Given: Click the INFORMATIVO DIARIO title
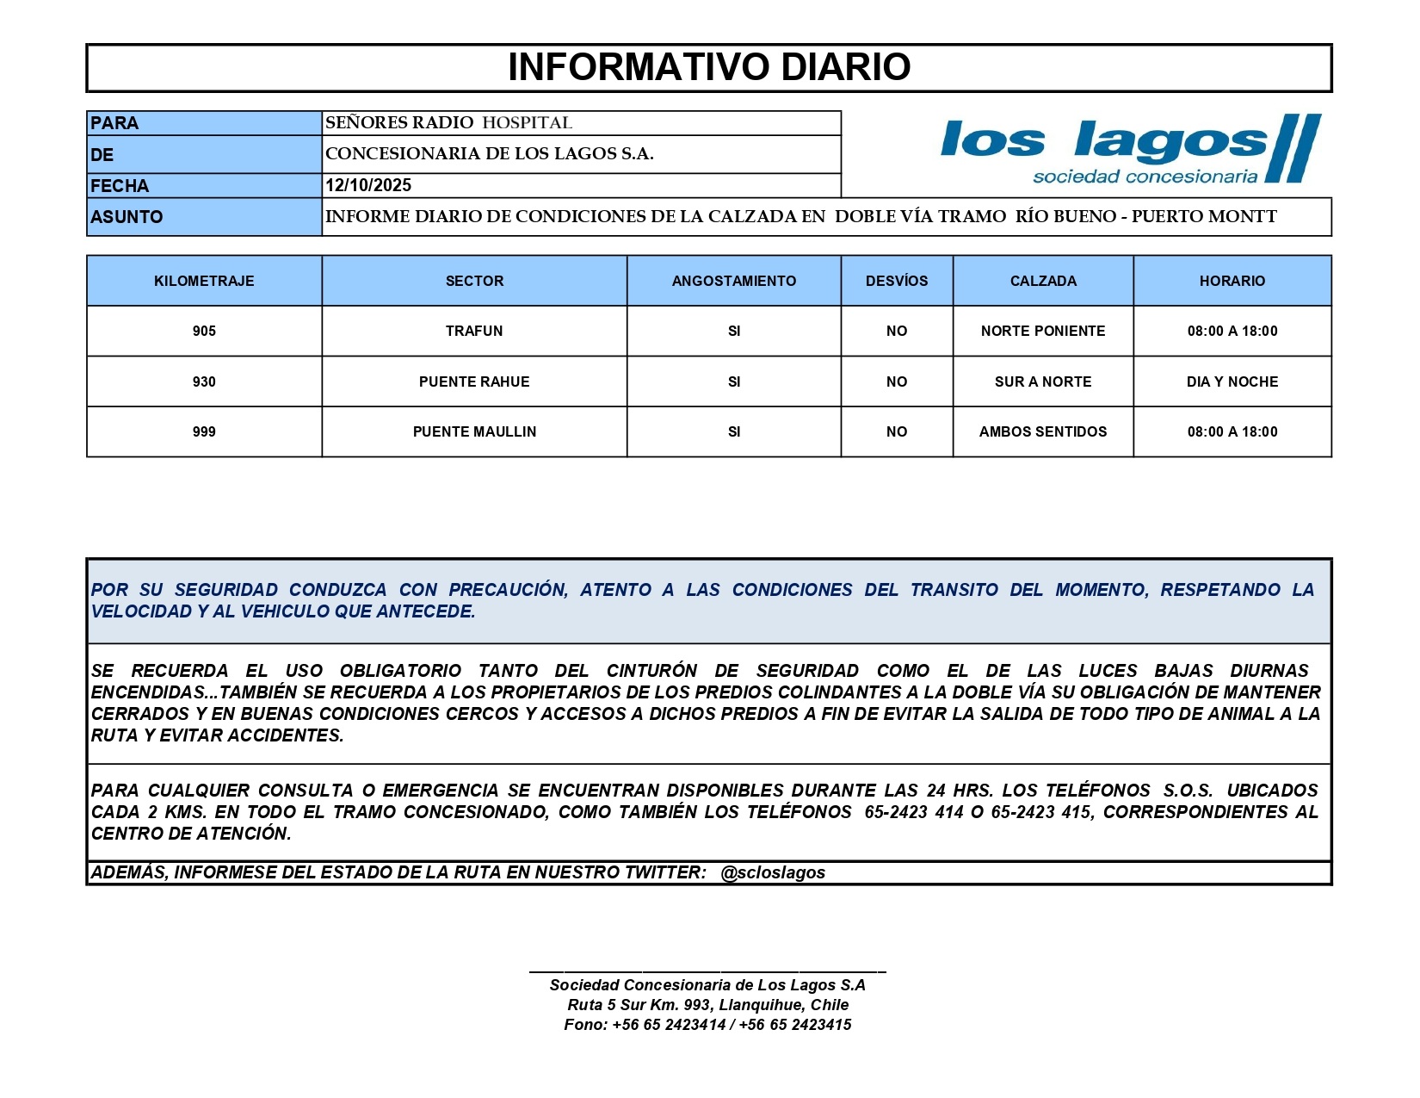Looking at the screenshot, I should click(709, 67).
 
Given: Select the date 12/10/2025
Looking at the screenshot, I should click(368, 185).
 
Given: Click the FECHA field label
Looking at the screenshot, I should click(120, 186).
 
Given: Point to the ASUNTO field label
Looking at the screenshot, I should click(127, 217).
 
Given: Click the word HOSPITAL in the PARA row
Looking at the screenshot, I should click(527, 123).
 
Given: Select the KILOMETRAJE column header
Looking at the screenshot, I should click(204, 281).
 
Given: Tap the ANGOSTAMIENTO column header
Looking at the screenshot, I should click(734, 281).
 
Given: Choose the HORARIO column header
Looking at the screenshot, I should click(1232, 281).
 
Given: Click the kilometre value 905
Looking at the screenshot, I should click(204, 331).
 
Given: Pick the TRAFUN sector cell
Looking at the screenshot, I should click(474, 331).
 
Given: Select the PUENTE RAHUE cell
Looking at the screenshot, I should click(474, 382).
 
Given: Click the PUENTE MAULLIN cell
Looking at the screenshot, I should click(474, 431).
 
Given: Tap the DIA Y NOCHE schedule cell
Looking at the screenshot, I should click(1232, 382).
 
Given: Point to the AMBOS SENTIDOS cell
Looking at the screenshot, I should click(1043, 431).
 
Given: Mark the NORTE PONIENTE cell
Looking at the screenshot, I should click(1043, 331).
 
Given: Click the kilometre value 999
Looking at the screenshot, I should click(204, 431).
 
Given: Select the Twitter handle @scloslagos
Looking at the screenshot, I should click(773, 872).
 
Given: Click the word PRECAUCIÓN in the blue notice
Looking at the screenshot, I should click(508, 590).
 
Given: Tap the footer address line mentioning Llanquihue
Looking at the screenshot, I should click(707, 1005).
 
